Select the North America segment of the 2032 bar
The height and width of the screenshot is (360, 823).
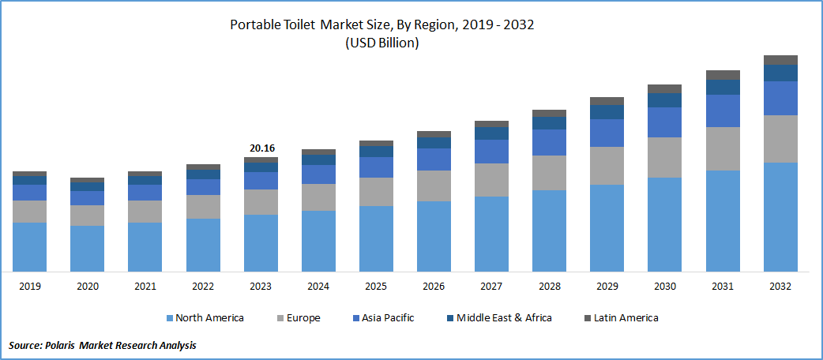tap(780, 217)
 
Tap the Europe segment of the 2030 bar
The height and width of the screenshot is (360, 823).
tap(664, 157)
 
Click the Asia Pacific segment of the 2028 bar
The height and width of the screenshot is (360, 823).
tap(549, 142)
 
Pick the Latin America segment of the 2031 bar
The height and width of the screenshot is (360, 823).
tap(723, 75)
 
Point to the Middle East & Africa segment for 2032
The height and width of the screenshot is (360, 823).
tap(780, 73)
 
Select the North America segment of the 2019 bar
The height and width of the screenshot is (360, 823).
tap(29, 246)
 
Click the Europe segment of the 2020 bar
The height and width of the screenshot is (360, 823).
tap(87, 216)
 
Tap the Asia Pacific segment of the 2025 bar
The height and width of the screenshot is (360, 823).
tap(376, 167)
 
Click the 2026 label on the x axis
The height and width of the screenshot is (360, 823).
tap(434, 286)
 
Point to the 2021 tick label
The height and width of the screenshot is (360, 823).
tap(145, 286)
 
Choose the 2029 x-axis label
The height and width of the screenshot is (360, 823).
tap(607, 286)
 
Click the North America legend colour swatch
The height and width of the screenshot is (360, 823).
tap(170, 318)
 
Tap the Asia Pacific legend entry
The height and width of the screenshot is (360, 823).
tap(387, 318)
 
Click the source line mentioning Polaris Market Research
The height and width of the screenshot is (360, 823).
tap(103, 345)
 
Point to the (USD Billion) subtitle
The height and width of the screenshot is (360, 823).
tap(382, 43)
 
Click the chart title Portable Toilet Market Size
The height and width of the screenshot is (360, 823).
tap(382, 24)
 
